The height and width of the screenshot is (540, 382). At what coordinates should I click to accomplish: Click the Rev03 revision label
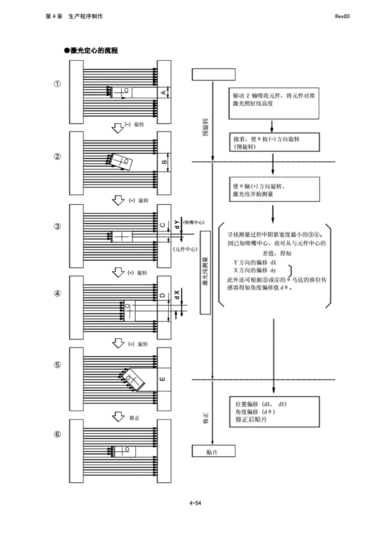pyautogui.click(x=342, y=16)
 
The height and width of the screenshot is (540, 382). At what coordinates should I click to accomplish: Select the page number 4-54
pyautogui.click(x=195, y=503)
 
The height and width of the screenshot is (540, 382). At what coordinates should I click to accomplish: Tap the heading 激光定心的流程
pyautogui.click(x=91, y=50)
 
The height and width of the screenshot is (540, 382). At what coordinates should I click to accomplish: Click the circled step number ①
pyautogui.click(x=57, y=84)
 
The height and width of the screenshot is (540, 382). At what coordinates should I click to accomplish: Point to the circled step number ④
pyautogui.click(x=57, y=294)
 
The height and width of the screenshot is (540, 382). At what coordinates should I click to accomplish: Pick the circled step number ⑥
pyautogui.click(x=57, y=434)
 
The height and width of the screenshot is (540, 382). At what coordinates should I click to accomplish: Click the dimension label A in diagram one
pyautogui.click(x=163, y=92)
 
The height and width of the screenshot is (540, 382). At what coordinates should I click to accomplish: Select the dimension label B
pyautogui.click(x=164, y=162)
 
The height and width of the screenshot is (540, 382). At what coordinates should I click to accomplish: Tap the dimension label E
pyautogui.click(x=163, y=379)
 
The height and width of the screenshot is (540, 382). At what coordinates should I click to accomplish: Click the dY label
pyautogui.click(x=177, y=224)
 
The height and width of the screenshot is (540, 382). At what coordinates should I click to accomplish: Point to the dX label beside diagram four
pyautogui.click(x=177, y=294)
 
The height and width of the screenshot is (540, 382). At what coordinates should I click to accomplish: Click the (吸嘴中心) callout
pyautogui.click(x=194, y=222)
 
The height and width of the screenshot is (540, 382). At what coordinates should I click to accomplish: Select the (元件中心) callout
pyautogui.click(x=185, y=249)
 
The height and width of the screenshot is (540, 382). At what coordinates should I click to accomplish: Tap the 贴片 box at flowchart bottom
pyautogui.click(x=214, y=451)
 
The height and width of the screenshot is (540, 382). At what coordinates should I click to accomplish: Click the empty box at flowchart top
pyautogui.click(x=214, y=75)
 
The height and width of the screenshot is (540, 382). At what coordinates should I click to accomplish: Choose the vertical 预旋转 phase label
pyautogui.click(x=205, y=127)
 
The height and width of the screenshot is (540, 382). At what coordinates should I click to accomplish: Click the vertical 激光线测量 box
pyautogui.click(x=205, y=273)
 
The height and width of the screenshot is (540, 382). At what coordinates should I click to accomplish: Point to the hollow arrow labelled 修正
pyautogui.click(x=118, y=416)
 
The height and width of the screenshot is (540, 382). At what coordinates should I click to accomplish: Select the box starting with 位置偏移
pyautogui.click(x=274, y=412)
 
